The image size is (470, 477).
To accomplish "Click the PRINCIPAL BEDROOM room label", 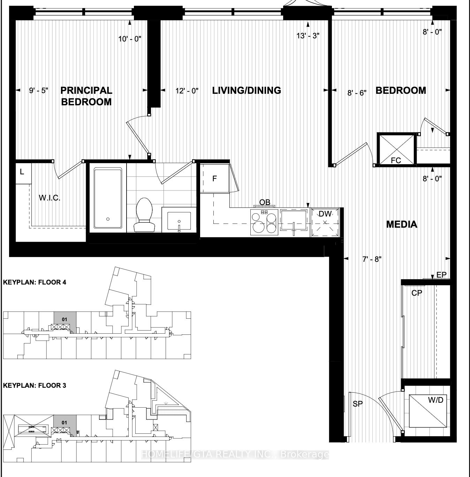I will coord(86,96).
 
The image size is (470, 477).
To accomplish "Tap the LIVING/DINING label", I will coord(247,90).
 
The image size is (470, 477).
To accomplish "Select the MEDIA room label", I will coord(402,224).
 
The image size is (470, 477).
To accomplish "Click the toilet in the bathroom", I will coord(144,215).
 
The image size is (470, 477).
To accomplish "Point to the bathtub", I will coord(108,199).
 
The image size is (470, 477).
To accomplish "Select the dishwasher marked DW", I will coord(325,222).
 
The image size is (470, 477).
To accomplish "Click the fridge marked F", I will coord(214,179).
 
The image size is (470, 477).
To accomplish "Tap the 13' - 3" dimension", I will coord(308,36).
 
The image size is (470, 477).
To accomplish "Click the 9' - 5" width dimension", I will coord(38,91).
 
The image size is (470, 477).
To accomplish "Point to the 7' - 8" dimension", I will coord(372,259).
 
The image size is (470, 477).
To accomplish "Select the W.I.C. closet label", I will coord(50,198).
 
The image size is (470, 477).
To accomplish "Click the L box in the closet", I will coord(22,172).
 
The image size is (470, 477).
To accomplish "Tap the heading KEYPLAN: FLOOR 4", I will coord(35,282).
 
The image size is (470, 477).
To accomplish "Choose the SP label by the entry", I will coord(358,404).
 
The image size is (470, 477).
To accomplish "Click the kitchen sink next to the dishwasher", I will coord(294,221).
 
